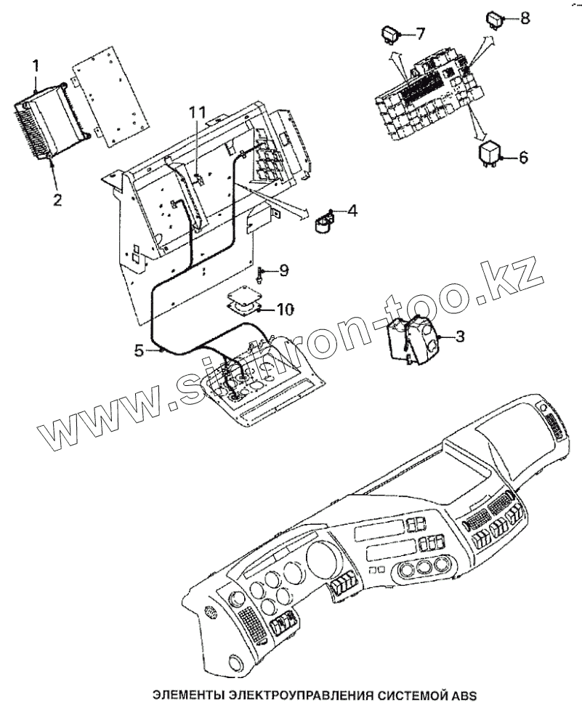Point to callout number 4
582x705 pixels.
point(352,211)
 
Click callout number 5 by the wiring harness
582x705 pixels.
point(139,350)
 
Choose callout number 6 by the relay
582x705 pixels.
point(522,157)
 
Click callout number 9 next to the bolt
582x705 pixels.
point(283,271)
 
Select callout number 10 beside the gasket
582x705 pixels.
point(284,310)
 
